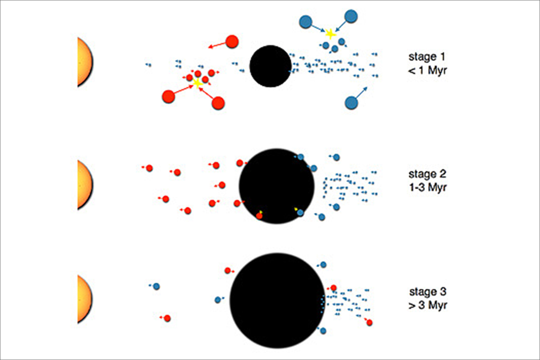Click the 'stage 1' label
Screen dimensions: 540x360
point(427,57)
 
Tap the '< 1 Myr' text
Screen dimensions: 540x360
point(427,71)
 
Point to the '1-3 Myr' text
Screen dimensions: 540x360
point(428,188)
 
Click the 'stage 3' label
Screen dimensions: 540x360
point(427,292)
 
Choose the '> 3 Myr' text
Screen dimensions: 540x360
point(428,306)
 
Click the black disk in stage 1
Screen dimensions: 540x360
point(270,66)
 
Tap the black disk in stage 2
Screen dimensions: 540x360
point(277,186)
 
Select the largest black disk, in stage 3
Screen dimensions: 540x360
point(277,301)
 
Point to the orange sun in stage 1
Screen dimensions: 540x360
point(85,62)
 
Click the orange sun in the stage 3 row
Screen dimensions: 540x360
point(85,299)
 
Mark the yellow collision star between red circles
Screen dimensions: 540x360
point(198,83)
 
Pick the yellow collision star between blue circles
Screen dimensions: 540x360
point(330,34)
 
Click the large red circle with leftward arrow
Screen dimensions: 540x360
point(232,41)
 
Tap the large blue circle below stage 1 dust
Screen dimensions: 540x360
point(351,103)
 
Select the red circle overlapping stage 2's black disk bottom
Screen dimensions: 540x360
point(259,216)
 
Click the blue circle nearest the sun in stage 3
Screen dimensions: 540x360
point(157,287)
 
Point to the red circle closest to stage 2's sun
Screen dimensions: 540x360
point(149,168)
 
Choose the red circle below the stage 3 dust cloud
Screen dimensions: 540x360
point(369,323)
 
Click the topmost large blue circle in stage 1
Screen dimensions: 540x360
point(351,16)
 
